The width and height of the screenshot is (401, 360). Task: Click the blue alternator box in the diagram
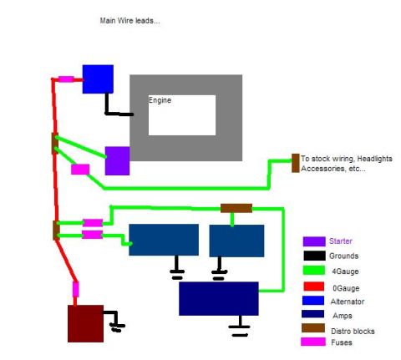pos(98,79)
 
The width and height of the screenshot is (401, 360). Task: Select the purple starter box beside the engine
pos(117,161)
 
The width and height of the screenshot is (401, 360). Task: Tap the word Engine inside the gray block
pos(160,100)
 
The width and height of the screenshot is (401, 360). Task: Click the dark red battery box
pos(85,323)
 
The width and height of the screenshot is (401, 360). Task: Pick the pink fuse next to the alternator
pos(66,79)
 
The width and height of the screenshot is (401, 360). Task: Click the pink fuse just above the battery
pos(75,289)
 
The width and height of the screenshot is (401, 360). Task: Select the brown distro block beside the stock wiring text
pos(296,163)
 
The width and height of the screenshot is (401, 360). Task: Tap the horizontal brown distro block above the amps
pos(236,208)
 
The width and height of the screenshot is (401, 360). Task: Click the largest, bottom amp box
pos(219,298)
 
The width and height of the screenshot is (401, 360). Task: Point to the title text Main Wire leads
pos(130,21)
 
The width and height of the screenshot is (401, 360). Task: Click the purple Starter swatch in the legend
pos(314,241)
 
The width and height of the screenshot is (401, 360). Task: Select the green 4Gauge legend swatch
pos(314,271)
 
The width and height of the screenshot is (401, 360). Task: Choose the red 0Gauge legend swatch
pos(314,286)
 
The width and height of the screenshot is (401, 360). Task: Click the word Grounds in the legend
pos(343,256)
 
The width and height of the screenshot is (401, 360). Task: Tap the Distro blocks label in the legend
pos(353,331)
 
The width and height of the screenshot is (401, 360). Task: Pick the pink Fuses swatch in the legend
pos(313,342)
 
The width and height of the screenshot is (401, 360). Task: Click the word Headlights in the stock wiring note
pos(374,159)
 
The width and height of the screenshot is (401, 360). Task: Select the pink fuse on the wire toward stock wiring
pos(80,170)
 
